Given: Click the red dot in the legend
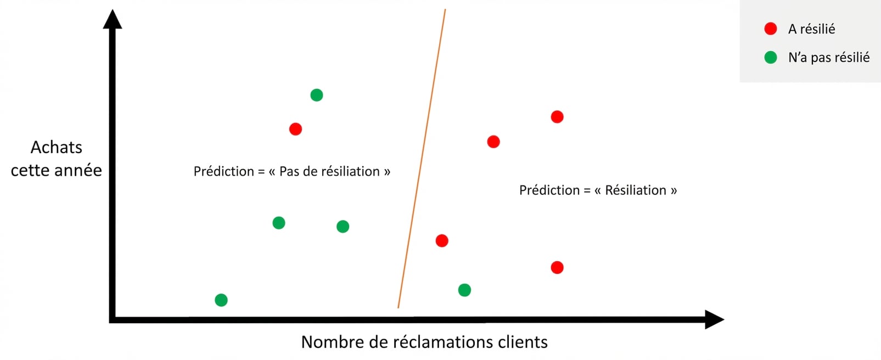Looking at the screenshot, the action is click(x=771, y=29).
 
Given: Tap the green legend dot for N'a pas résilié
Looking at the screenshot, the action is click(x=771, y=58).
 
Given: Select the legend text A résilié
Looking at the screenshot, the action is click(x=811, y=29).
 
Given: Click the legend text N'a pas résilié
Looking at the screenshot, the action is click(x=829, y=58).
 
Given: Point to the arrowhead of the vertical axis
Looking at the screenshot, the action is click(x=113, y=19).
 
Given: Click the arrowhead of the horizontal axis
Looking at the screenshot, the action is click(x=714, y=319).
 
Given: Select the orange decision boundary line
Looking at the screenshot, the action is click(x=422, y=159).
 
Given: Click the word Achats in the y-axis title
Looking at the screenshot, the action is click(x=56, y=148).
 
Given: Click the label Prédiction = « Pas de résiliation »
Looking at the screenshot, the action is click(x=292, y=171).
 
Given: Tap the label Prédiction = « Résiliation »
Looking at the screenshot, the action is click(x=598, y=190).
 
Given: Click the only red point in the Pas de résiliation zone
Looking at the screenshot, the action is click(x=295, y=129).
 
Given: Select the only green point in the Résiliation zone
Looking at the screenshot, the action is click(x=464, y=290).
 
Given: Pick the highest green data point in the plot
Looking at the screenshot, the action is click(x=317, y=95).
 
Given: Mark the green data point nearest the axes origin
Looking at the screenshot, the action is click(x=221, y=300).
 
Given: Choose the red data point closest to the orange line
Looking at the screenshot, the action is click(x=442, y=240).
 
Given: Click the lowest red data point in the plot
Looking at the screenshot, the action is click(x=557, y=268).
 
